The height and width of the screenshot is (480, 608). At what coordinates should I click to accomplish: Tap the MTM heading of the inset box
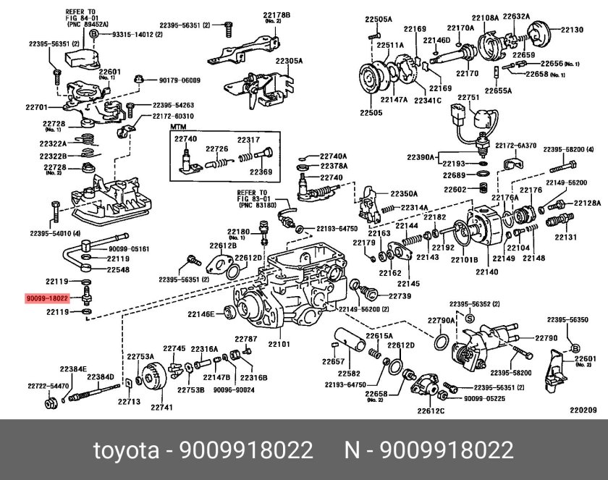coord(179,127)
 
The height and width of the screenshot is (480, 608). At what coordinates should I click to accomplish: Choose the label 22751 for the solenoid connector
coord(468,97)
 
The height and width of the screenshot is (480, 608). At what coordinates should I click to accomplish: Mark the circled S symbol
coord(469,319)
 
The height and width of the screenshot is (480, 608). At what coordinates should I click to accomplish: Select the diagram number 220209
coord(583,410)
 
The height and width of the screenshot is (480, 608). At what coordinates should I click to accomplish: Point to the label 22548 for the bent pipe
coord(119,269)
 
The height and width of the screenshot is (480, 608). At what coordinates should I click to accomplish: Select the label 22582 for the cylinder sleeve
coord(350,374)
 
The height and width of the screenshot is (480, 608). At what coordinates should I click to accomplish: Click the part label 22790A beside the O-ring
coord(441,319)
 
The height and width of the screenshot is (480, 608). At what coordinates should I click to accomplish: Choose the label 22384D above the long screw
coord(101,377)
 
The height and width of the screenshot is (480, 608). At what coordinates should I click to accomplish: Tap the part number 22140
coord(486,272)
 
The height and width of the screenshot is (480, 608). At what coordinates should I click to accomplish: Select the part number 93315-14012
coord(135,34)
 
